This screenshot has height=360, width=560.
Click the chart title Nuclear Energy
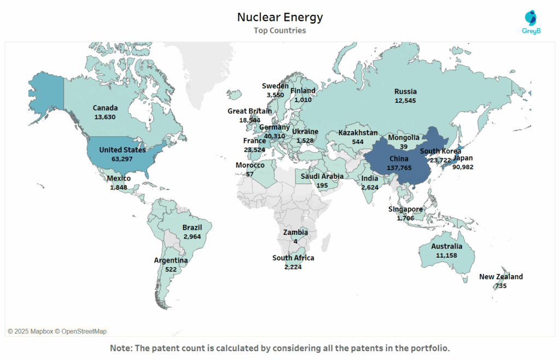tap(279, 18)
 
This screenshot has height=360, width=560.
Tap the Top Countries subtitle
tap(279, 31)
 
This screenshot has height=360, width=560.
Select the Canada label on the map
tap(105, 108)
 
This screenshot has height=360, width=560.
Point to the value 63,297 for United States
tap(122, 159)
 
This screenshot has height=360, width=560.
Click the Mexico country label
tap(119, 178)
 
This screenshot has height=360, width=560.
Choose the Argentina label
tap(171, 260)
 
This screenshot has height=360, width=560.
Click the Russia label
tap(405, 91)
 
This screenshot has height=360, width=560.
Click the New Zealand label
tap(501, 277)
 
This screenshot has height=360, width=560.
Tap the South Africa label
tap(293, 258)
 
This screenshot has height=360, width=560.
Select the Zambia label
tap(295, 233)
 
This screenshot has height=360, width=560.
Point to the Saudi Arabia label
tap(322, 176)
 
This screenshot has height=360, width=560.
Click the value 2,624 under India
tap(370, 187)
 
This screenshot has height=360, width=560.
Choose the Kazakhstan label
tap(358, 133)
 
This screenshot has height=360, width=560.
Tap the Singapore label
tap(405, 210)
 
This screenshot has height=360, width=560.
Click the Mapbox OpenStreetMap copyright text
tap(57, 331)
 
